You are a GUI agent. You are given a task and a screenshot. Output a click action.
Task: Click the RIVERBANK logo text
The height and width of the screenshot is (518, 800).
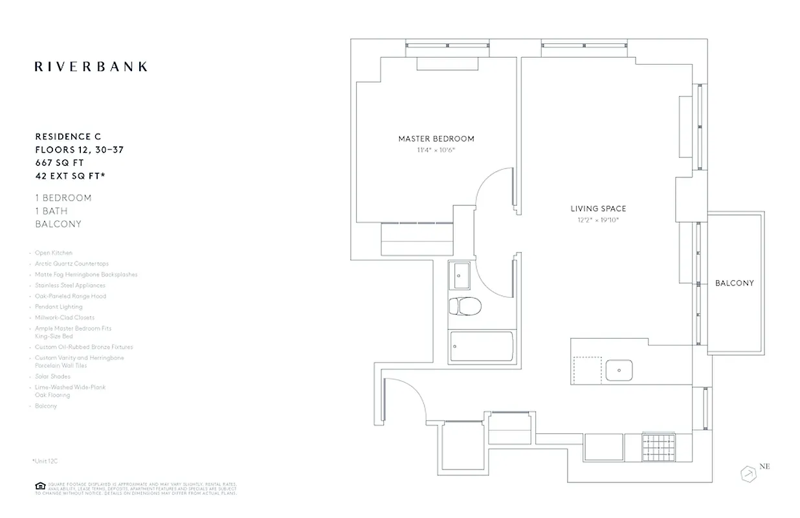[x=91, y=66]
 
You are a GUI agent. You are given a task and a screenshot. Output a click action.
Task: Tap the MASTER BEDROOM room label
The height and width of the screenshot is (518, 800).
[x=436, y=139]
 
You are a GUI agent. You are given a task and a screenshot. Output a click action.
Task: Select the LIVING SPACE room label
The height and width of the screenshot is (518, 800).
[x=598, y=208]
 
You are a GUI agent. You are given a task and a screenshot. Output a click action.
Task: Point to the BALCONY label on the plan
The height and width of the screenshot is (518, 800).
[x=734, y=283]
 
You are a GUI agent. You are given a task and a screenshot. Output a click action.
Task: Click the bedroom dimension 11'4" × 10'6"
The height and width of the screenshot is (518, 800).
[x=436, y=150]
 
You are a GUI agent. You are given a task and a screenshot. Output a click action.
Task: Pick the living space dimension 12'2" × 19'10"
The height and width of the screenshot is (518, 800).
[x=598, y=220]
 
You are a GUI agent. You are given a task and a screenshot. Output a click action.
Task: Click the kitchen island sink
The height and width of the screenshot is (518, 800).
[x=619, y=370]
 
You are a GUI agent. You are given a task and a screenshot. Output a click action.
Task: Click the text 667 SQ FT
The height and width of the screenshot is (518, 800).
[x=59, y=163]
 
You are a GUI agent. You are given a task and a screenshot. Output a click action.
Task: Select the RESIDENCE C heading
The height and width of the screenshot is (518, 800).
[x=68, y=137]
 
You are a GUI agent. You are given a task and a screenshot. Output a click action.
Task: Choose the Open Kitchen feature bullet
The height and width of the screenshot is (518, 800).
[x=54, y=253]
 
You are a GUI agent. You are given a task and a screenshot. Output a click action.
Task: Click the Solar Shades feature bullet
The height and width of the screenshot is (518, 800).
[x=52, y=376]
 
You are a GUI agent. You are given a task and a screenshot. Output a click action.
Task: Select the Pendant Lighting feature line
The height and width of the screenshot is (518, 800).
[x=58, y=307]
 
